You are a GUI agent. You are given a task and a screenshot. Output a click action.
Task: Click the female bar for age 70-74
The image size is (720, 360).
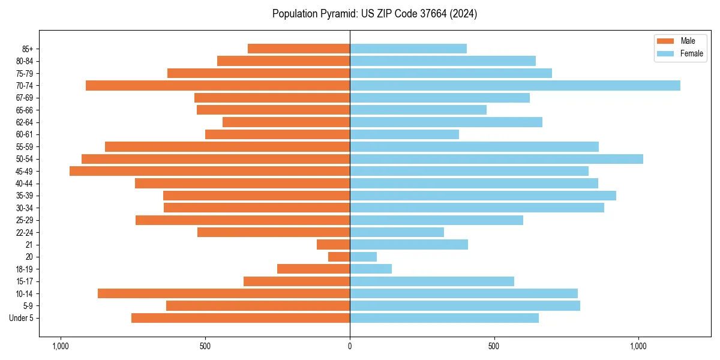pos(515,85)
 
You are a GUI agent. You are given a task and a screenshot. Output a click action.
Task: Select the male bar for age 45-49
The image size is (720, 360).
pos(209,171)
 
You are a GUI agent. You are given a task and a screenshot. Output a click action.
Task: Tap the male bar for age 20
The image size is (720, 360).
pos(339,257)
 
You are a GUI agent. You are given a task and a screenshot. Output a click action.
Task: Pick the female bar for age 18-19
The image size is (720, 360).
pos(371,269)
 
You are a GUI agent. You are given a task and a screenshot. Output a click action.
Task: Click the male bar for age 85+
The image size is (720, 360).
pos(299,49)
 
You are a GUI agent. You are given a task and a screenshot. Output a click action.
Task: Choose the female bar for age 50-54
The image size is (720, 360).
pos(496,159)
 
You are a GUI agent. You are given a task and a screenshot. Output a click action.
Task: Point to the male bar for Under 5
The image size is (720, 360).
pos(241,318)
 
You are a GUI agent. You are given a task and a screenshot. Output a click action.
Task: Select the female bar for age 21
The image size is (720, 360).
pos(409,244)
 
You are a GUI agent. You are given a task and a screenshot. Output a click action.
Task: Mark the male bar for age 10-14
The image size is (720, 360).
pos(224,293)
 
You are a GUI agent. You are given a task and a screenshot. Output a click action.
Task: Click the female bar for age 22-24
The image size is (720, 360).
pos(397,232)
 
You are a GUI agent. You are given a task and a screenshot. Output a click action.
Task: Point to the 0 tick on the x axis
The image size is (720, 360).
pos(350,346)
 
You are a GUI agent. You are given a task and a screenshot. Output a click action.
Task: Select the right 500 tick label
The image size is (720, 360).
pos(494,346)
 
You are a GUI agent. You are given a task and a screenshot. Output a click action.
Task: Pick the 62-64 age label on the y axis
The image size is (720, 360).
pos(25,122)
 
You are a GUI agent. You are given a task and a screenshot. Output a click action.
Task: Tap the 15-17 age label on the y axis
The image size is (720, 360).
pos(25,281)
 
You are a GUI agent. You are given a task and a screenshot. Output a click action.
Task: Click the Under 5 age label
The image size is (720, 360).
pos(22,318)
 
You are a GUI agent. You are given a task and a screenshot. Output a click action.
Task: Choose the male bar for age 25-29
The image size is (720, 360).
pos(242,220)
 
